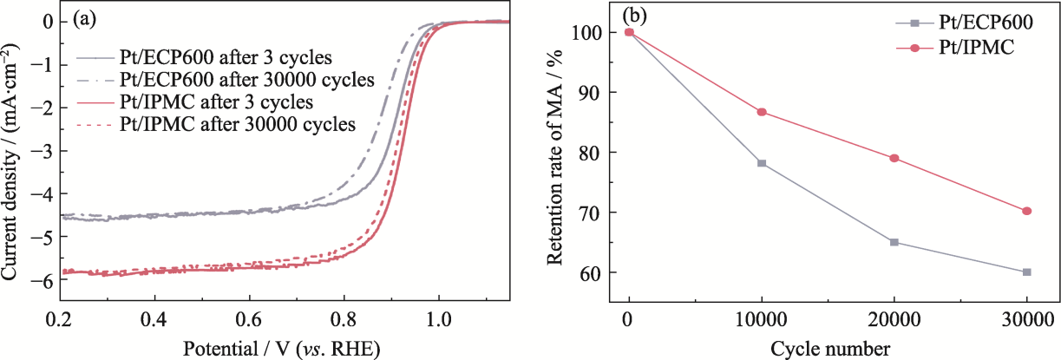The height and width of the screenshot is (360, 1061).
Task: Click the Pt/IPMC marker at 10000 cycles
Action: [x=762, y=112]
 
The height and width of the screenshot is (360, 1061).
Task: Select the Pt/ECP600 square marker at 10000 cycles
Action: [x=762, y=163]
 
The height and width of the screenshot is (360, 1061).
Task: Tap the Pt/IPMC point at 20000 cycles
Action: [x=894, y=158]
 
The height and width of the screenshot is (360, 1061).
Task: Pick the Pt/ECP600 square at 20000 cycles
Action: [x=894, y=242]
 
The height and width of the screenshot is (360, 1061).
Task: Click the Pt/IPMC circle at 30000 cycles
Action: [x=1027, y=211]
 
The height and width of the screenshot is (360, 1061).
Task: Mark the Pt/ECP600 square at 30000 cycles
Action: [x=1027, y=272]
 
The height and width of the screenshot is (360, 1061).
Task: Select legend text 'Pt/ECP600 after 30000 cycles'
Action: [x=247, y=79]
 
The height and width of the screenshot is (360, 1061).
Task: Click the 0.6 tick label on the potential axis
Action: [x=249, y=319]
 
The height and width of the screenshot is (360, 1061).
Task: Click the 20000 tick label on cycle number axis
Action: [x=894, y=319]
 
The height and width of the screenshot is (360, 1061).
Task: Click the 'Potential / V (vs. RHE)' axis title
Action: [x=282, y=348]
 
